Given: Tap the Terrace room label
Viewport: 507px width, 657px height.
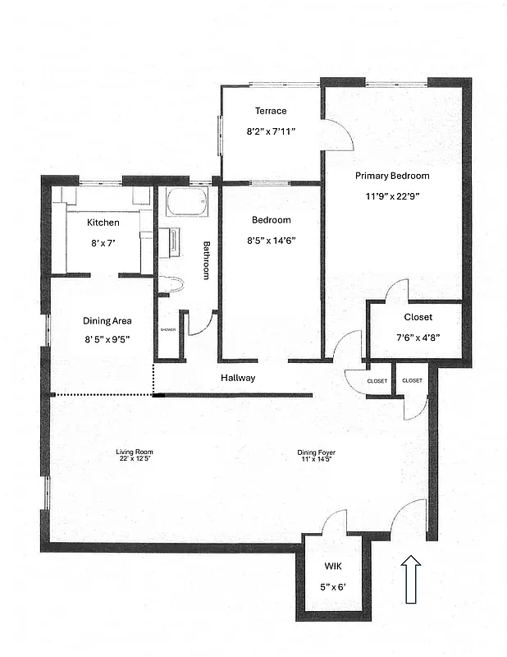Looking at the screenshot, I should (x=271, y=111).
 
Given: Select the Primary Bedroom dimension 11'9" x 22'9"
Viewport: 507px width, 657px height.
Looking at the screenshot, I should (x=391, y=196).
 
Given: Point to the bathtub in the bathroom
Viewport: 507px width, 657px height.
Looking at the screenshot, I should (x=187, y=202).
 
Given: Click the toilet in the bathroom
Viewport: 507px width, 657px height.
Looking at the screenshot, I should (x=171, y=286).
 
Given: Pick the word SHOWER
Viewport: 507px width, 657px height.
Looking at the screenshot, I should (x=168, y=329).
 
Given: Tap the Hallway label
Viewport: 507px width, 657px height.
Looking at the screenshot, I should (x=238, y=379).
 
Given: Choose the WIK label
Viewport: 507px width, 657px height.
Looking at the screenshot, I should (x=332, y=567).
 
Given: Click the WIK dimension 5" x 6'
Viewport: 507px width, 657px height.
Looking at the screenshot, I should (x=332, y=586).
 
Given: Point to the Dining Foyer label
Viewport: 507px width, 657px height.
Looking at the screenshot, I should (x=316, y=452).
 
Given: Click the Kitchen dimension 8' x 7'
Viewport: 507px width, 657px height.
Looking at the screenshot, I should (x=104, y=242).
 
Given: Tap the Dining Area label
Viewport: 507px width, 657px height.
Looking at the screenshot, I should (x=107, y=321).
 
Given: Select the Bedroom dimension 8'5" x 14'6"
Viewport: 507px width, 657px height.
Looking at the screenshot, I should (x=271, y=241).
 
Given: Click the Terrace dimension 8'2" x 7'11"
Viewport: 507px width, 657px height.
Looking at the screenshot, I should (x=271, y=131).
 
